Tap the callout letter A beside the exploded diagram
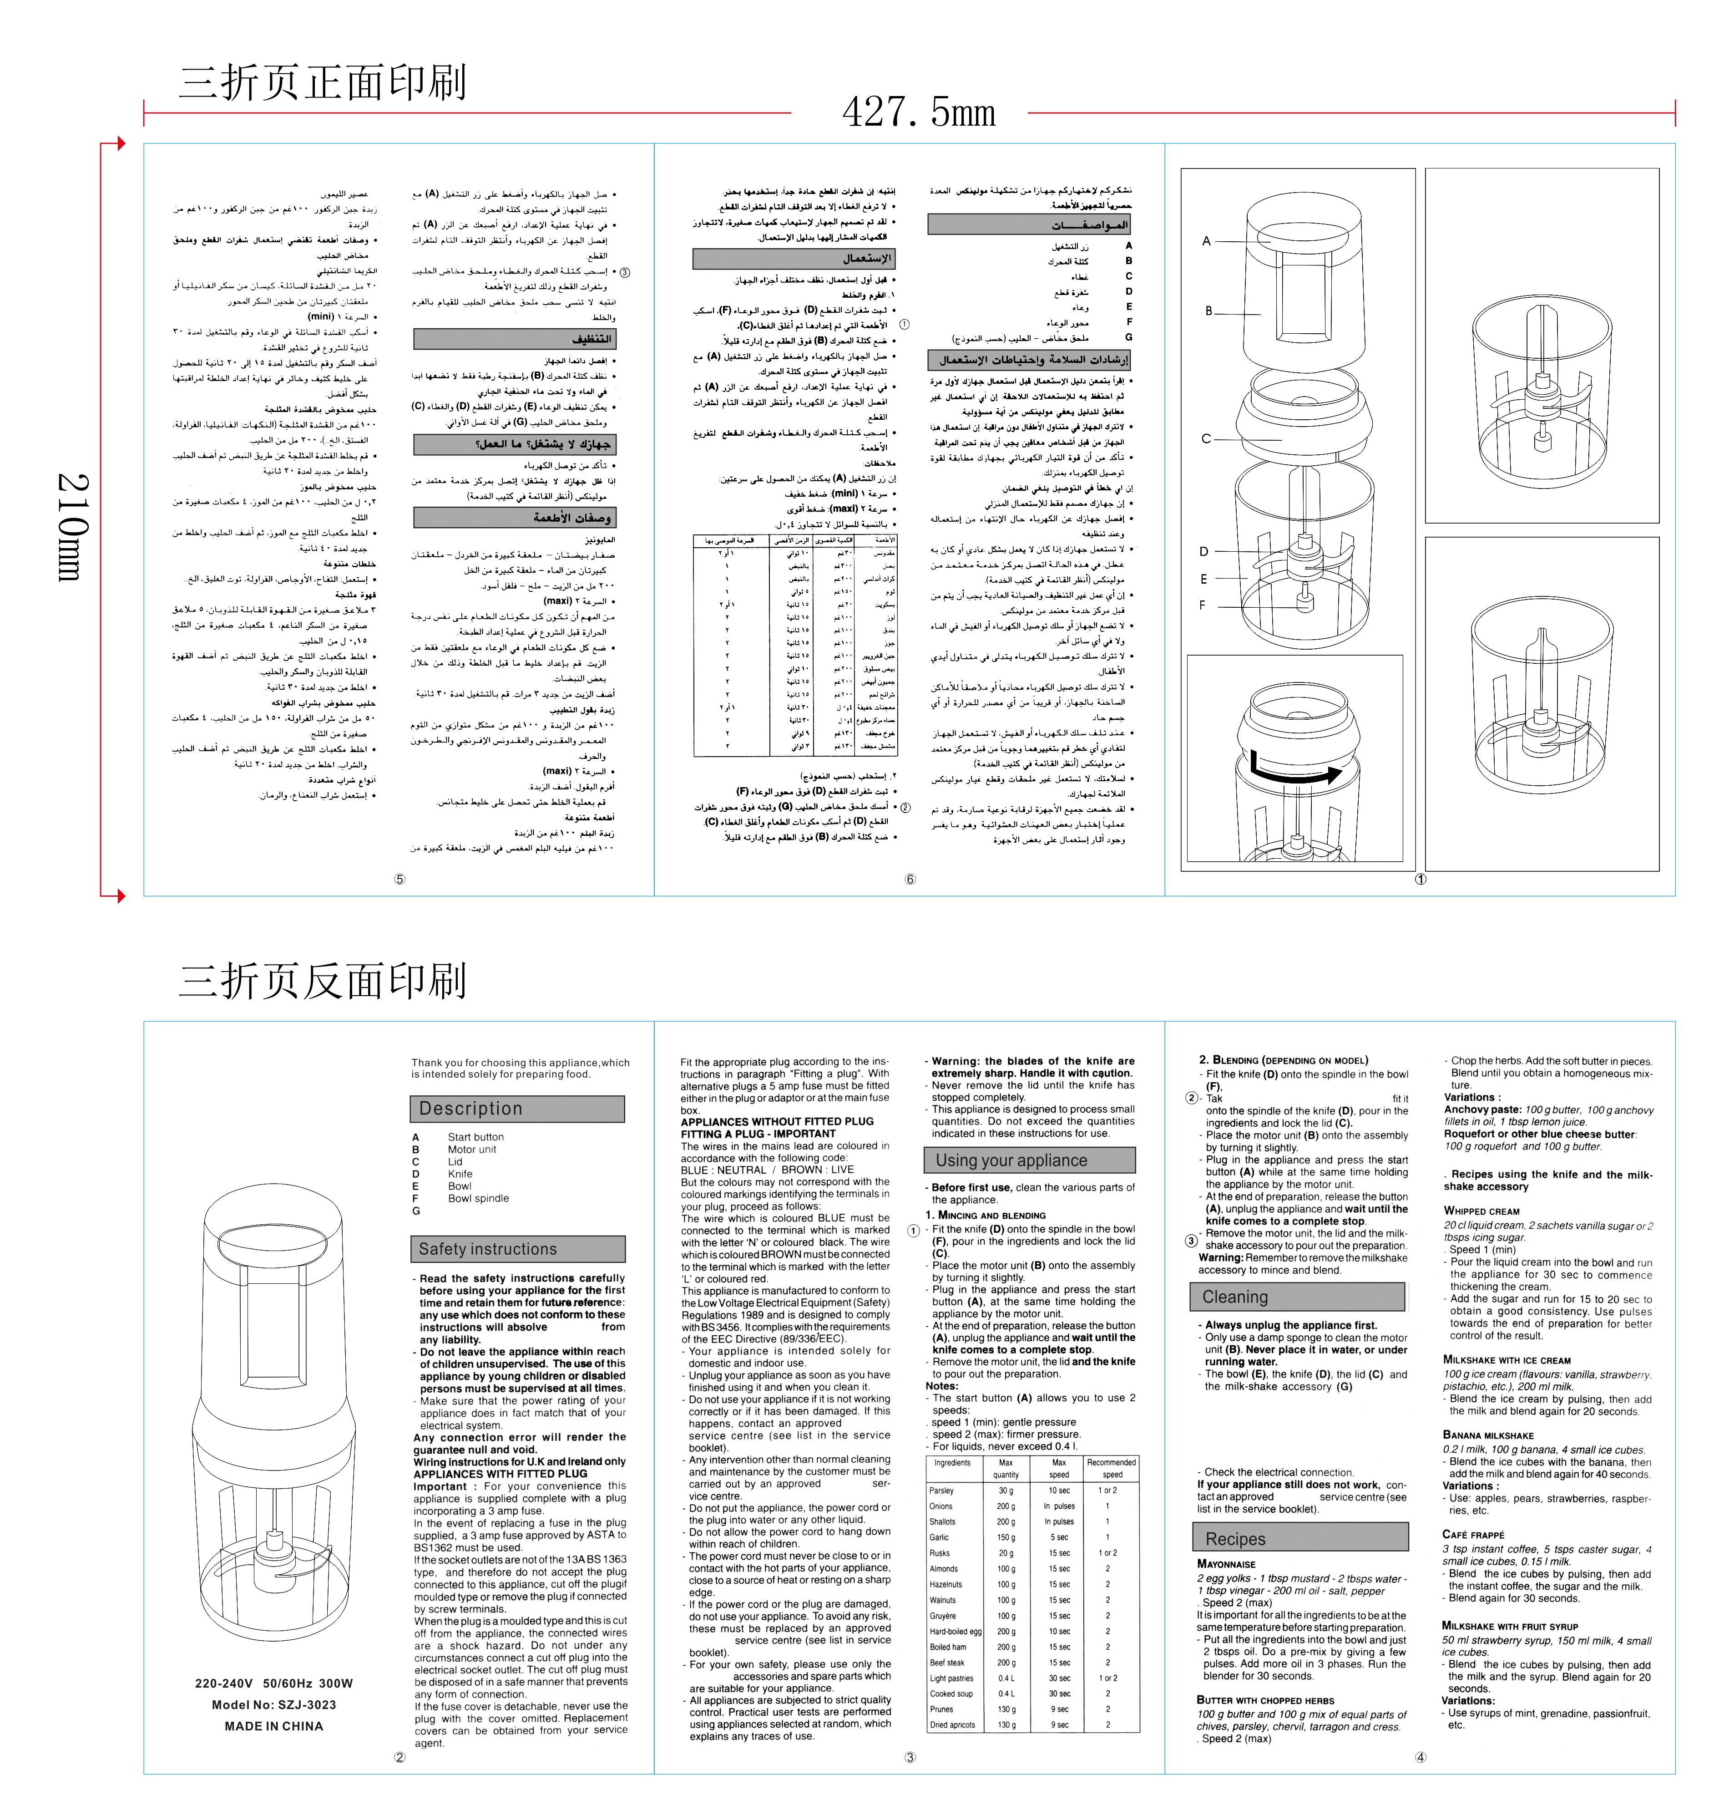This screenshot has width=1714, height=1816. click(x=1206, y=241)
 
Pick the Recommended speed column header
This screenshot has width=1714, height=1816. click(x=1112, y=1468)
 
